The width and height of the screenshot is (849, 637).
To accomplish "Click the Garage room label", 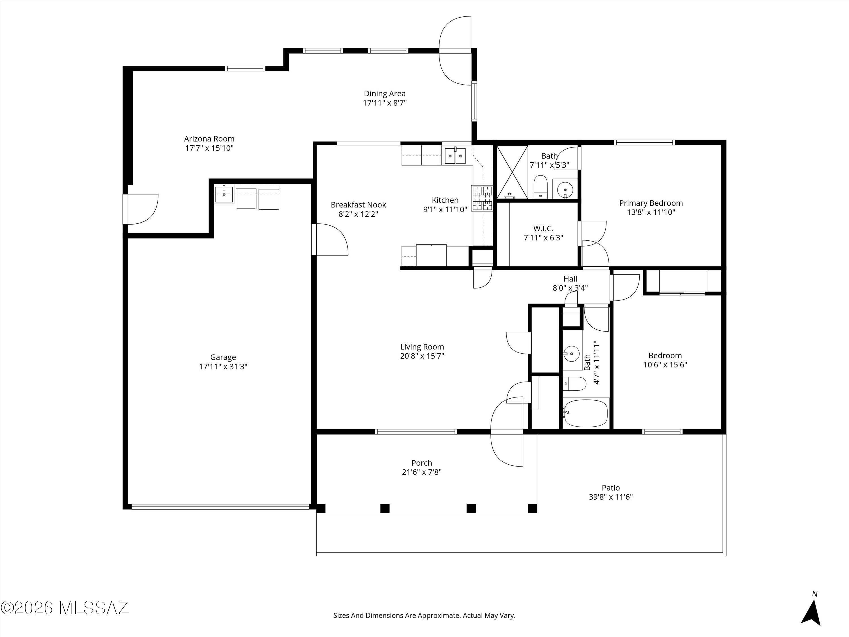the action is pos(223,357).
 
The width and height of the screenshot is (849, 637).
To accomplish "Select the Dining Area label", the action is pos(385,93).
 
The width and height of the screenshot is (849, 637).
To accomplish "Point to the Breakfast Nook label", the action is pos(358,205).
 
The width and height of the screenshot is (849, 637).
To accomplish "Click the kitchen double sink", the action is pos(455,156).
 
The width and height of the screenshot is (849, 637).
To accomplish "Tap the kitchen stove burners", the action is pos(482,198).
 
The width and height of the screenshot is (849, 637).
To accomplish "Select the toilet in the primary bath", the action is pos(540,187).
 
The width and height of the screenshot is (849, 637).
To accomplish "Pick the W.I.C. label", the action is pos(543,228).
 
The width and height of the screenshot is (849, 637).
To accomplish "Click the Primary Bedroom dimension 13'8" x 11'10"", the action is pos(651,212).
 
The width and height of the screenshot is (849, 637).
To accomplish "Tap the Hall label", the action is pos(570,279).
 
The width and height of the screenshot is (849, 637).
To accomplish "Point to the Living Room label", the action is pos(422,347).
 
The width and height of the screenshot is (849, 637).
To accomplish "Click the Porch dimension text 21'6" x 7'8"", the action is pos(422,472).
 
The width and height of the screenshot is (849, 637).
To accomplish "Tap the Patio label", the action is pos(611,488).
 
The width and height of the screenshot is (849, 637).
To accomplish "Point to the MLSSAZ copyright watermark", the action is pos(65,608).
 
